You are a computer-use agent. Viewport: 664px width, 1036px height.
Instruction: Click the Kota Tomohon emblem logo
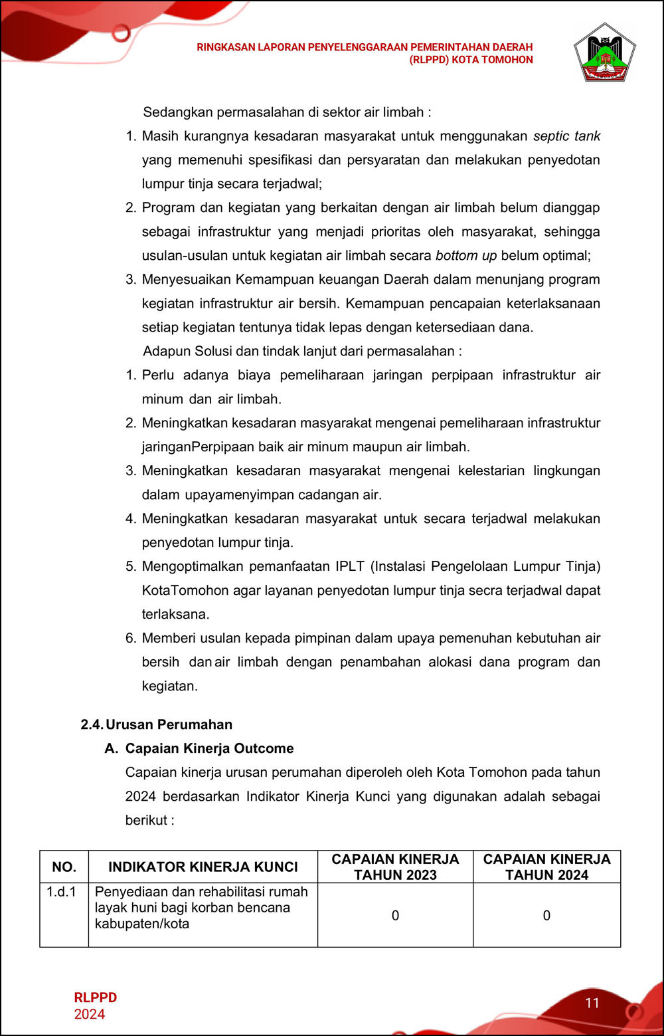pos(604,53)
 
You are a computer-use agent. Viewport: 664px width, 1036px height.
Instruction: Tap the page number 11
pos(592,1003)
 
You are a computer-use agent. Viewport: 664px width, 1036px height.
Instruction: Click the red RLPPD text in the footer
pos(95,997)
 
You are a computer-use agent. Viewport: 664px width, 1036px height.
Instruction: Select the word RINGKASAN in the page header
pos(224,47)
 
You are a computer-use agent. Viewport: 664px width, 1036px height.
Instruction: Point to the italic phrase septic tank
pos(566,136)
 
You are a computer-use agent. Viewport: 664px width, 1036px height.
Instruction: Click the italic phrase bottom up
pos(465,256)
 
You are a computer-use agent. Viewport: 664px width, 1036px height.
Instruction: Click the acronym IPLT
pos(350,567)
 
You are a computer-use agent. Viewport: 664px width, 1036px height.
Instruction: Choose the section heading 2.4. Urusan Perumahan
pos(157,725)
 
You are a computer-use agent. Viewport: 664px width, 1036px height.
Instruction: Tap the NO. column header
pos(64,867)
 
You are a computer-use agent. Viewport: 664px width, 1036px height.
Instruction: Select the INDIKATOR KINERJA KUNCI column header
pos(203,867)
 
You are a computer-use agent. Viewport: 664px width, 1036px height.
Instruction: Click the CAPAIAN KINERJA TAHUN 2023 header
pos(395,867)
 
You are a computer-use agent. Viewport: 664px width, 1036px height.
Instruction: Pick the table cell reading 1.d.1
pos(61,892)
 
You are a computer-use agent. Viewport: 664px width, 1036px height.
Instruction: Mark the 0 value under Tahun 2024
pos(546,916)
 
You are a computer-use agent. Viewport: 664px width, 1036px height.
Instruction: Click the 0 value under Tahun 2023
pos(395,916)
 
